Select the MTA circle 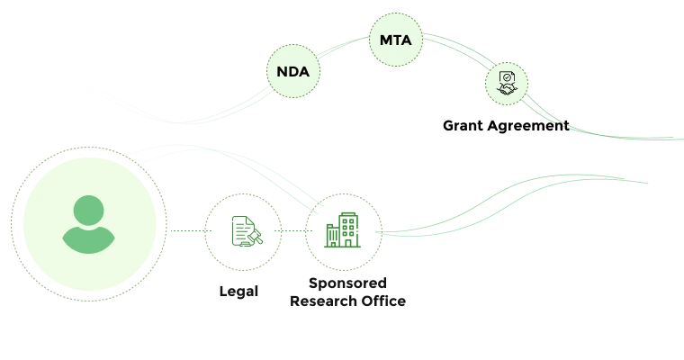tap(396, 40)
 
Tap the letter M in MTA tap(384, 40)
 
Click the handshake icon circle tap(507, 85)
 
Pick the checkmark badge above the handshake tap(508, 78)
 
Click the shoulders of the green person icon tap(88, 239)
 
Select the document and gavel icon tap(243, 232)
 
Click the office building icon tap(343, 232)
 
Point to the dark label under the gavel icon tap(238, 292)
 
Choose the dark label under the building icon tap(347, 293)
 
